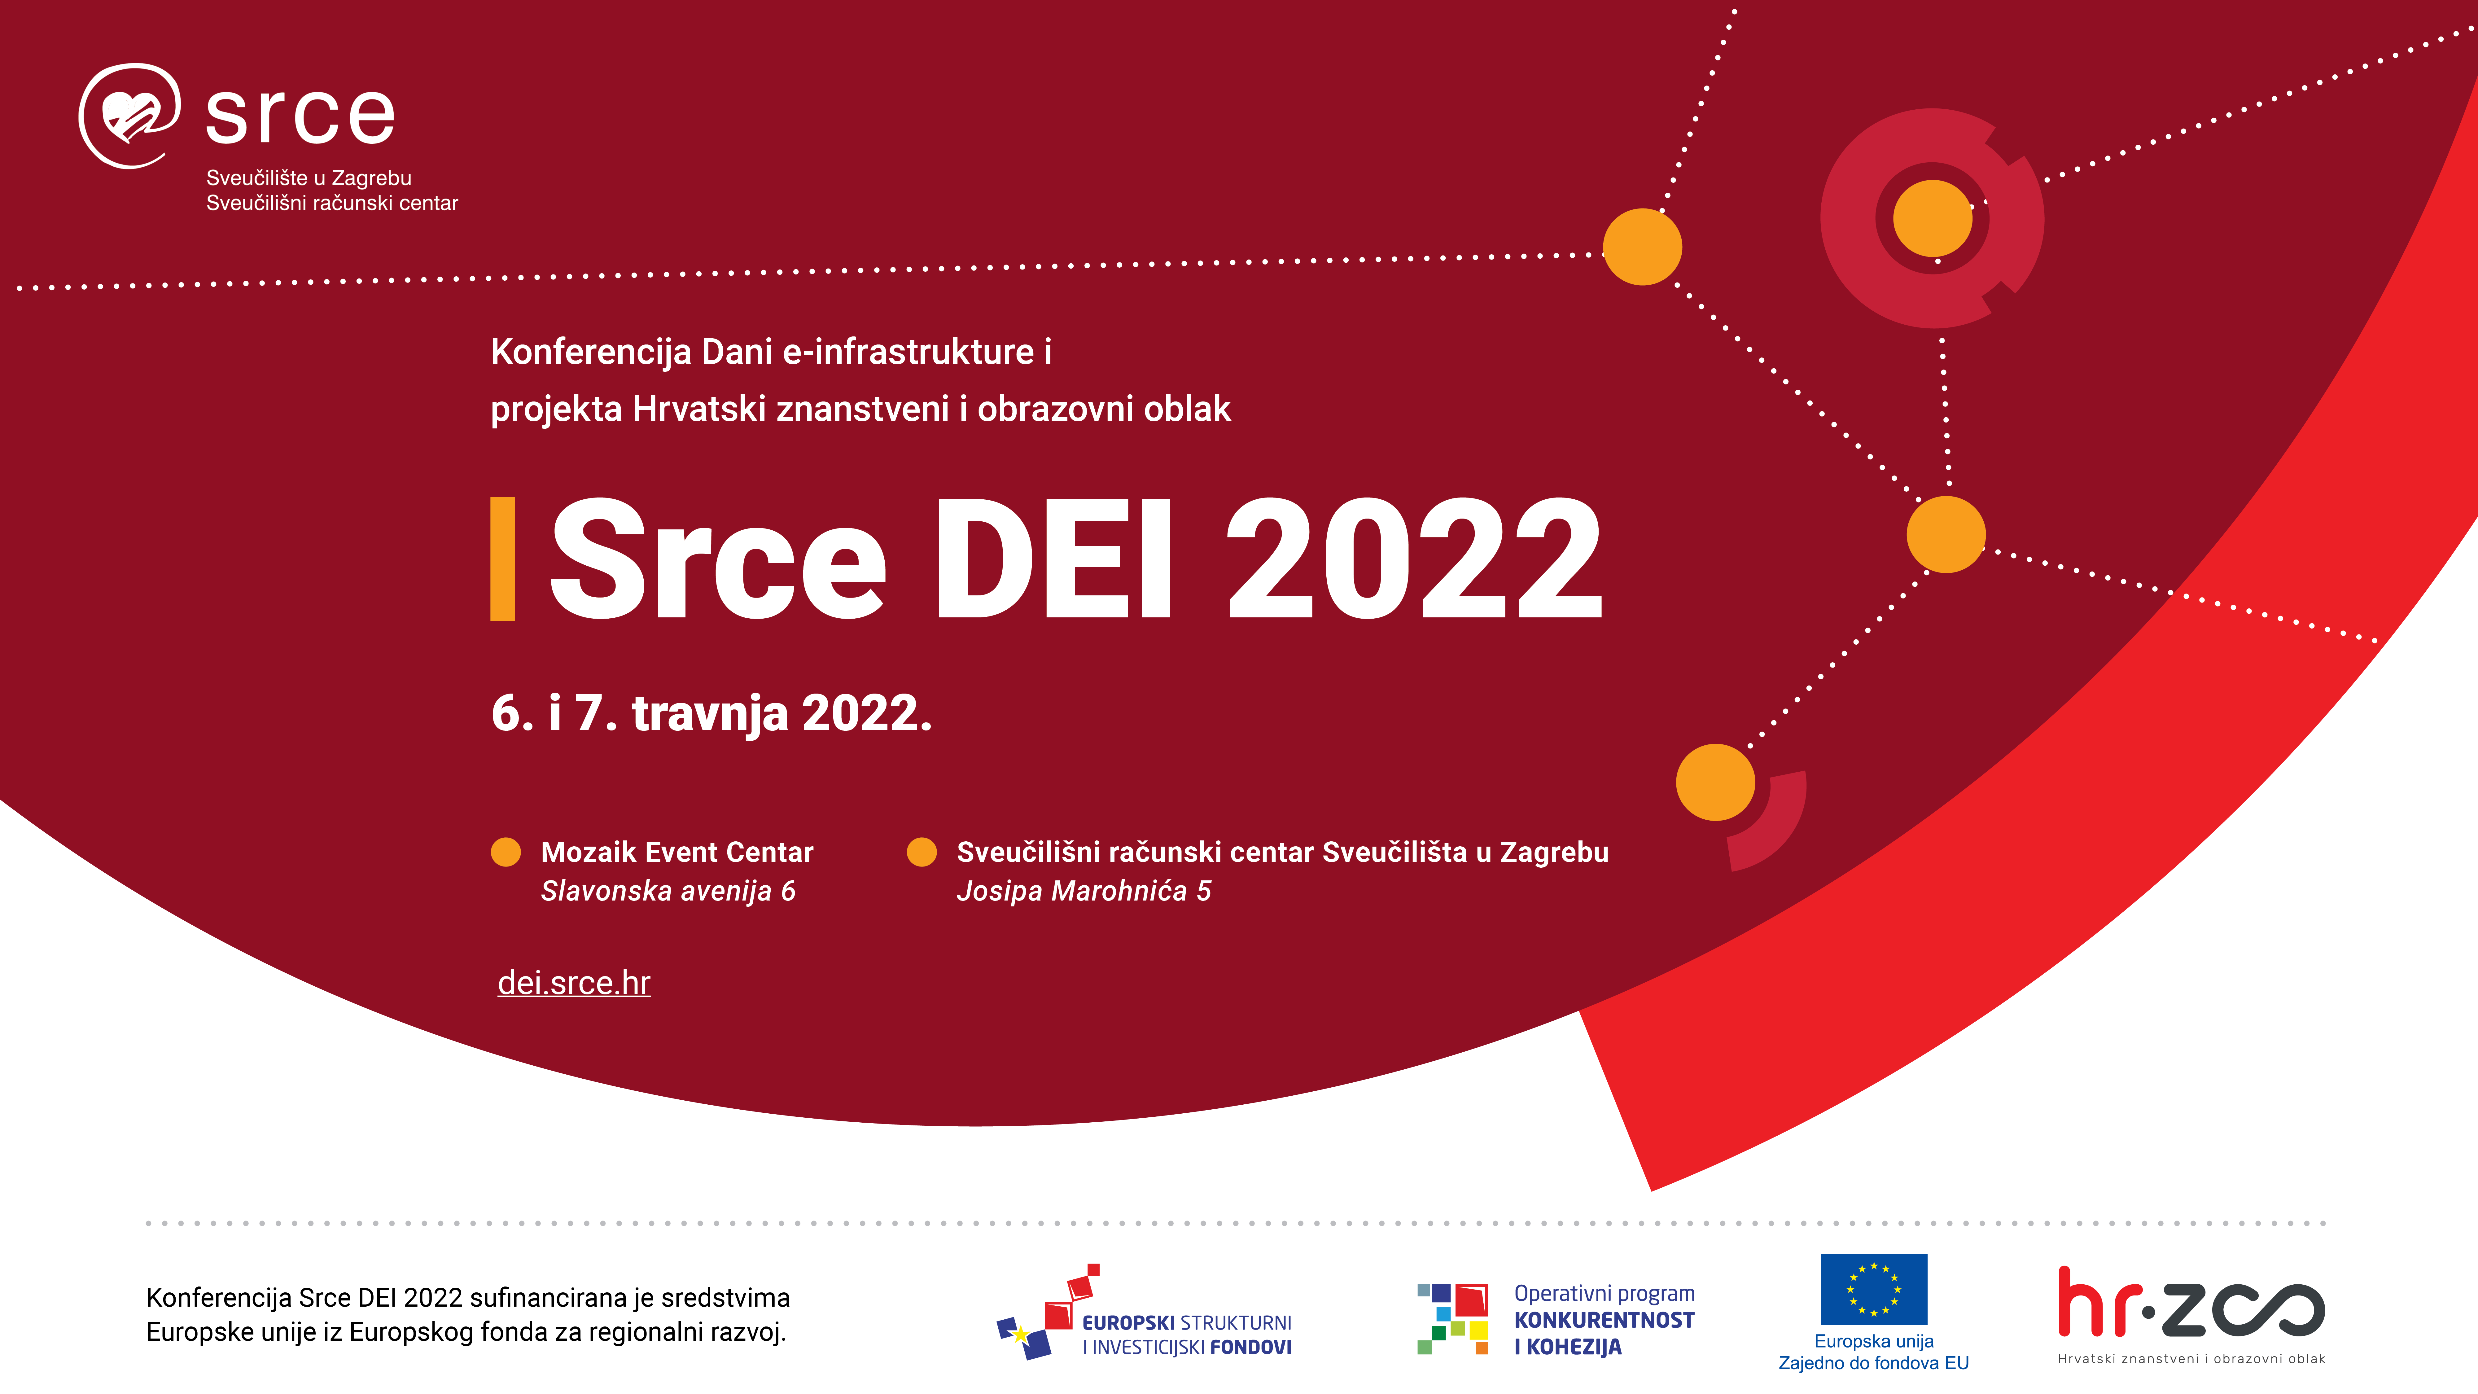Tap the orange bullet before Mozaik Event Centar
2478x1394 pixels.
506,853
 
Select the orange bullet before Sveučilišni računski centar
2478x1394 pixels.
922,853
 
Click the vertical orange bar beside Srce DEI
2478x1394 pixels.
502,559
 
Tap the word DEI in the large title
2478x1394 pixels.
1053,559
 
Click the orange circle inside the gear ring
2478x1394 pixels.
1933,218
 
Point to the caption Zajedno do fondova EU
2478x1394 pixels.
1874,1363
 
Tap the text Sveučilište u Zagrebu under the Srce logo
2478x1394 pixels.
309,178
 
